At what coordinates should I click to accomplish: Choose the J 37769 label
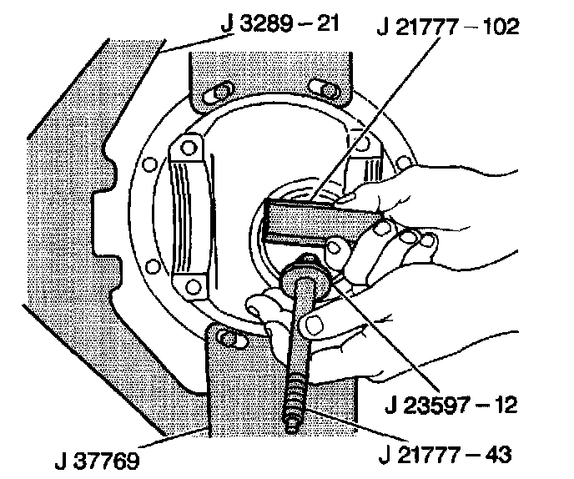pyautogui.click(x=98, y=459)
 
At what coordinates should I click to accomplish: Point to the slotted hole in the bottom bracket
pyautogui.click(x=227, y=338)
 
